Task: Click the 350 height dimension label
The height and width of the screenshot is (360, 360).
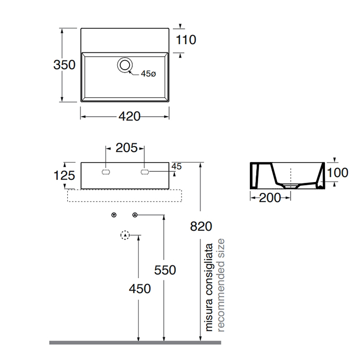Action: (x=64, y=65)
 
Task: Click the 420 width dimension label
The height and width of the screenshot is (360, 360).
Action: (x=130, y=116)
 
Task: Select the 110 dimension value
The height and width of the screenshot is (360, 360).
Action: (x=186, y=40)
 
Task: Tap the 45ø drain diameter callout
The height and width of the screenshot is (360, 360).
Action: (x=148, y=74)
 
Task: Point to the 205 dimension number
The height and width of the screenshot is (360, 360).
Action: (x=127, y=148)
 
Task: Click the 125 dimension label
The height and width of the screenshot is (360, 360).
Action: (x=64, y=176)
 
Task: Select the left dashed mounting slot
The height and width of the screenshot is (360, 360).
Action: (x=106, y=172)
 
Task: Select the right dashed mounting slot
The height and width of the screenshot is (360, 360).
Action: (x=145, y=172)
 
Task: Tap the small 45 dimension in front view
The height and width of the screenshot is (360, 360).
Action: (x=176, y=166)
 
